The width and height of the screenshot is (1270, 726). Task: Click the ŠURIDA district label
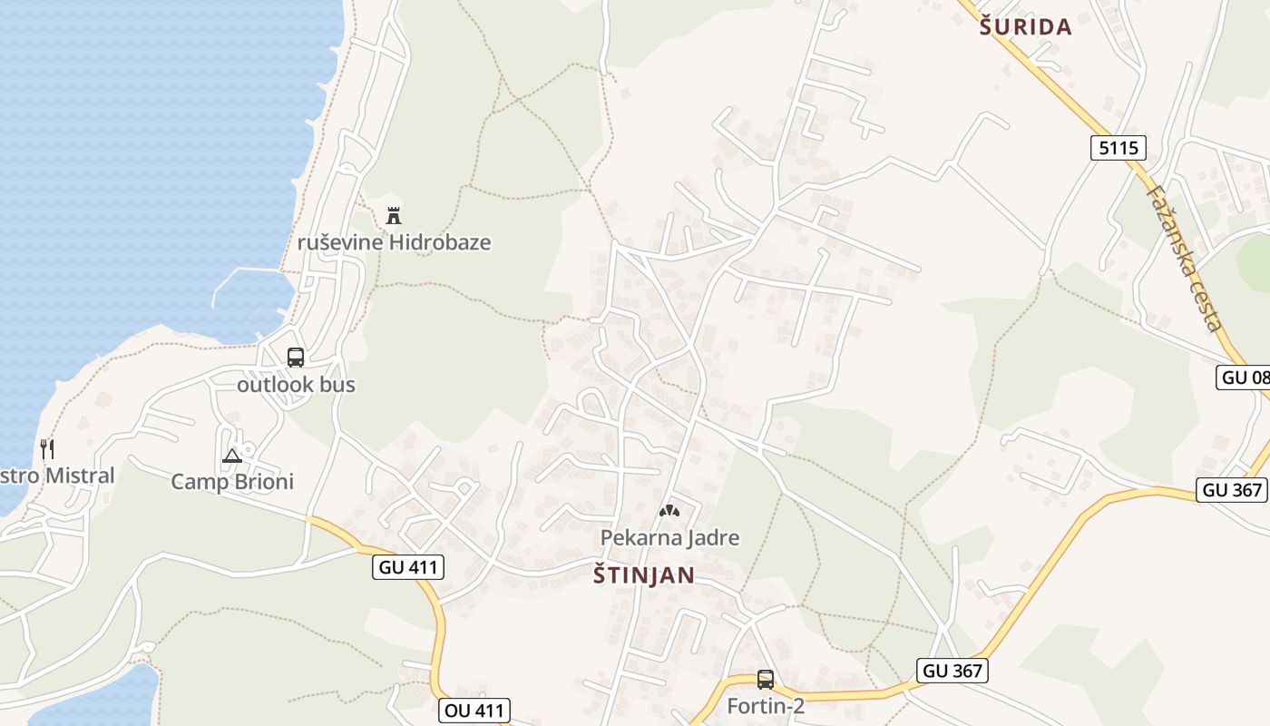coord(1026,26)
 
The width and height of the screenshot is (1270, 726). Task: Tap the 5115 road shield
coord(1119,147)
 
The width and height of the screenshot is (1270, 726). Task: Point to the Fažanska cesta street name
coord(1186,258)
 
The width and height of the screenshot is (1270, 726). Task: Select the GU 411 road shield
coord(407,568)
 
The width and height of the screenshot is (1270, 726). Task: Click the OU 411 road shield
coord(474,710)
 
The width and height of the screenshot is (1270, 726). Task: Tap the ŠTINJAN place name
coord(644,574)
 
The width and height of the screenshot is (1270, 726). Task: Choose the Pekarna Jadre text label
coord(669,538)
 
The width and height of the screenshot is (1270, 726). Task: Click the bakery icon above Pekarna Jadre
coord(669,511)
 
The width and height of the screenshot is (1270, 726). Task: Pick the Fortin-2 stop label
coord(766,705)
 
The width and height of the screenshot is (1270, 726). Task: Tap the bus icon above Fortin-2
coord(766,679)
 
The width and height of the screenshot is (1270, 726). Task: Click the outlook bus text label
coord(296,385)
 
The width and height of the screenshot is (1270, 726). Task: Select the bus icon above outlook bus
coord(296,358)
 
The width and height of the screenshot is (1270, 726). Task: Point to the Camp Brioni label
coord(232,482)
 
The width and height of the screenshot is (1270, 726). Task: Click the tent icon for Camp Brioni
coord(232,456)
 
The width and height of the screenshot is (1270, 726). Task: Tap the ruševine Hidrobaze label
coord(394,242)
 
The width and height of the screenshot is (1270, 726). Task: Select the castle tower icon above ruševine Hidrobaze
coord(394,216)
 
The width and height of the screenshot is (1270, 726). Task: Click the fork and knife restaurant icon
coord(47,448)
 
